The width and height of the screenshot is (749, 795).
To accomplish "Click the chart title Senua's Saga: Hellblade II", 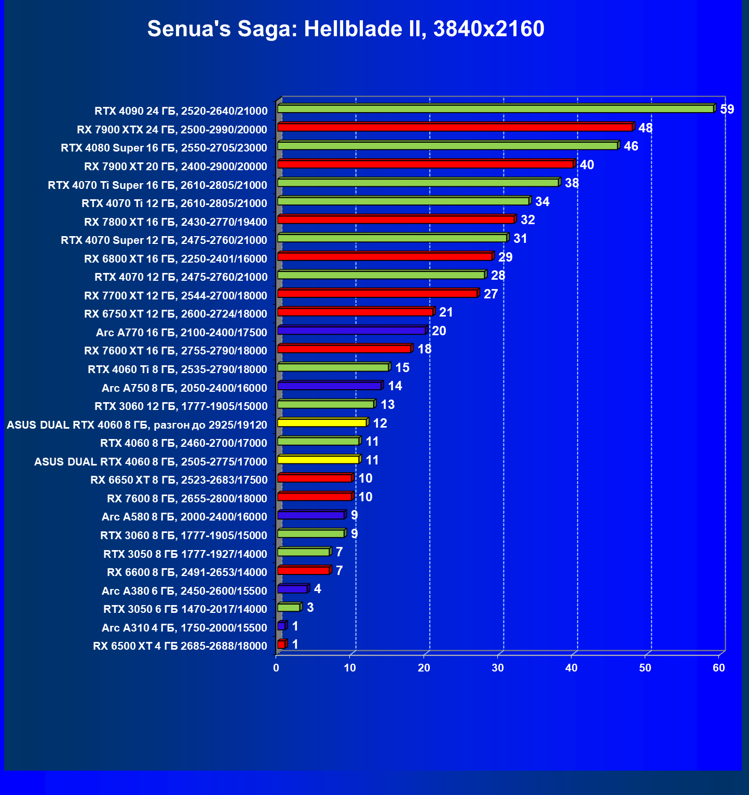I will pos(346,29).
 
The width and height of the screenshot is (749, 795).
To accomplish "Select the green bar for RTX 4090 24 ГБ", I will pos(495,108).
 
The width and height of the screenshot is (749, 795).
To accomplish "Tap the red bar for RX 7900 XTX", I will pos(455,127).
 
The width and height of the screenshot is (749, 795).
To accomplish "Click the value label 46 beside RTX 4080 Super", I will pos(631,146).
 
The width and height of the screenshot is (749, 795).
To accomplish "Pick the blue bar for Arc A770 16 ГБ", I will pos(351,331).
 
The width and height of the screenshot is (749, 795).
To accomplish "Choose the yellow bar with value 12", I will pos(322,423).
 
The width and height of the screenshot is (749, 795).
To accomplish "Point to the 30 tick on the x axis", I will pos(498,668).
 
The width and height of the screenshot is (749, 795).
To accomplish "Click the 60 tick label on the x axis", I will pos(719,668).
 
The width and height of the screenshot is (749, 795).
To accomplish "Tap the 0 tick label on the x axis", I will pos(276,668).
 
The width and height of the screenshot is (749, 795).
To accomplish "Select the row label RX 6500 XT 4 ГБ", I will pos(180,646).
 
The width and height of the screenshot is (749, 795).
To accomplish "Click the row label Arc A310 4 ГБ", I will pos(184,628).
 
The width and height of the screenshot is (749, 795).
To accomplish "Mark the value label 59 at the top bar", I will pos(727,109).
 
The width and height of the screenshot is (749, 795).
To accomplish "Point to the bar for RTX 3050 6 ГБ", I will pos(289,607).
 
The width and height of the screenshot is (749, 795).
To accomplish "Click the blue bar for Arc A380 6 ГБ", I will pos(293,589).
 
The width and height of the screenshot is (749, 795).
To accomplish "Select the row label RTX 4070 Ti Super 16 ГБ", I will pos(157,185).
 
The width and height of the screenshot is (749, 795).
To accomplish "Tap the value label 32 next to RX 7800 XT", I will pos(528,220).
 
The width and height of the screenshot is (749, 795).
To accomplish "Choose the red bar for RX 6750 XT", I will pos(355,312).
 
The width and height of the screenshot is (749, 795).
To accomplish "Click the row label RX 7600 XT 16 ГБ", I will pos(175,351).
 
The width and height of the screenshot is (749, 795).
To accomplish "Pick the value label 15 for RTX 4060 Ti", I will pos(402,368).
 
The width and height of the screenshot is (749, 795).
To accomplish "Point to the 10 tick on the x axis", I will pos(350,668).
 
